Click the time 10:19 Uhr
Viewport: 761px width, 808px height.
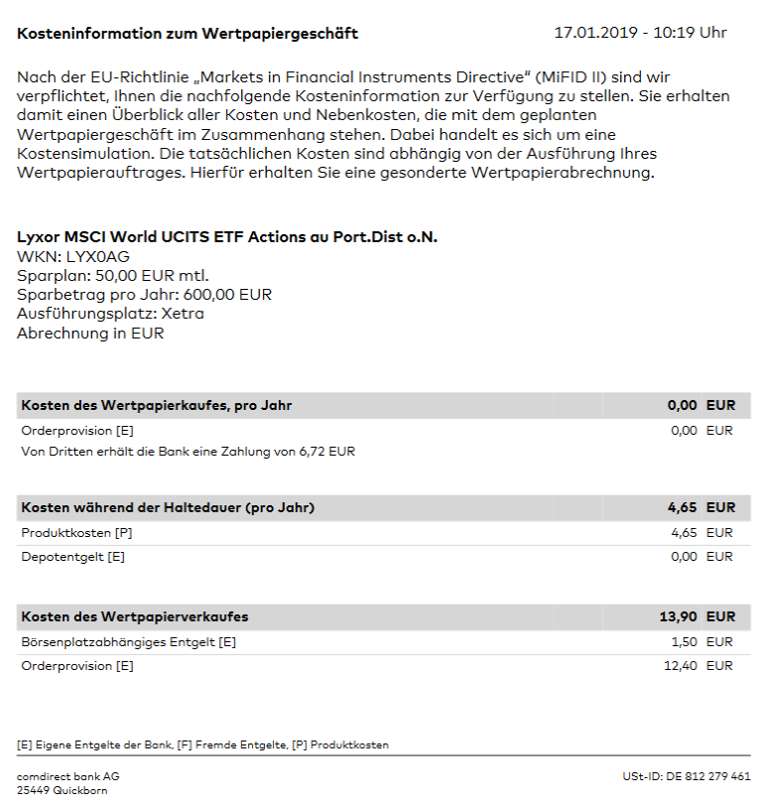pyautogui.click(x=692, y=33)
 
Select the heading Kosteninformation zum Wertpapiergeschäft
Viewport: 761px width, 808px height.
pyautogui.click(x=188, y=34)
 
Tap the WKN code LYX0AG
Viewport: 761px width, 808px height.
pyautogui.click(x=97, y=256)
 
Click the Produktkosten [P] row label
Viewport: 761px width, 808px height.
pyautogui.click(x=75, y=533)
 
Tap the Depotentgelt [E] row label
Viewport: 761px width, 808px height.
pyautogui.click(x=72, y=557)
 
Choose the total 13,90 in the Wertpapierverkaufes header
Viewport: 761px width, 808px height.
pyautogui.click(x=679, y=616)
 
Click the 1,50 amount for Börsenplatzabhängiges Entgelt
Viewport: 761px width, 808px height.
pyautogui.click(x=684, y=642)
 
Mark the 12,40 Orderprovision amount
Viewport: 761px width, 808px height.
pyautogui.click(x=680, y=666)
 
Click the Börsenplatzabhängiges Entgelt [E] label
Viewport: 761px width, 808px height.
pyautogui.click(x=128, y=642)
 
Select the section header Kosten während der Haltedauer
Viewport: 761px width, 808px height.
pyautogui.click(x=168, y=507)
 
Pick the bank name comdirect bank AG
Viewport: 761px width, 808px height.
pyautogui.click(x=67, y=776)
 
